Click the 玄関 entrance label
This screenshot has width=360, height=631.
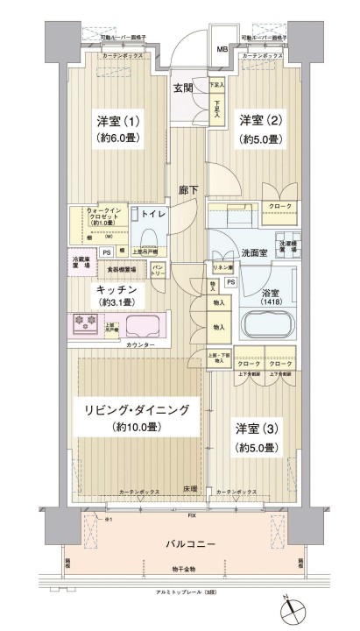183,87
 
